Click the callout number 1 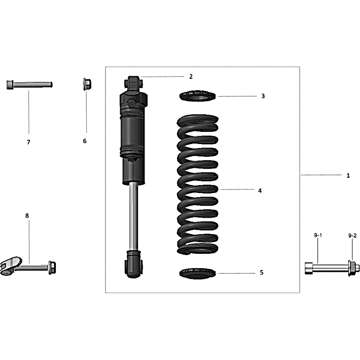pos(348,175)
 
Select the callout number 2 pos(191,76)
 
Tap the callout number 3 pos(263,96)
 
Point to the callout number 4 pos(260,190)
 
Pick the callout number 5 pos(261,272)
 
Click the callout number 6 pos(85,141)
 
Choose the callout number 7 pos(28,142)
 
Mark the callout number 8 pos(27,216)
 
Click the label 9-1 pos(318,235)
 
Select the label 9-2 pos(352,235)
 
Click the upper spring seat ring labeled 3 pos(198,96)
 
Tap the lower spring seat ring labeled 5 pos(198,274)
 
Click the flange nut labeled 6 pos(87,84)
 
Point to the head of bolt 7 pos(10,85)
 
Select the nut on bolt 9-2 pos(351,268)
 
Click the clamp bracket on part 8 pos(10,266)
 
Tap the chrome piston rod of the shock pos(133,216)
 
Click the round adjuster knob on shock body pos(132,103)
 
